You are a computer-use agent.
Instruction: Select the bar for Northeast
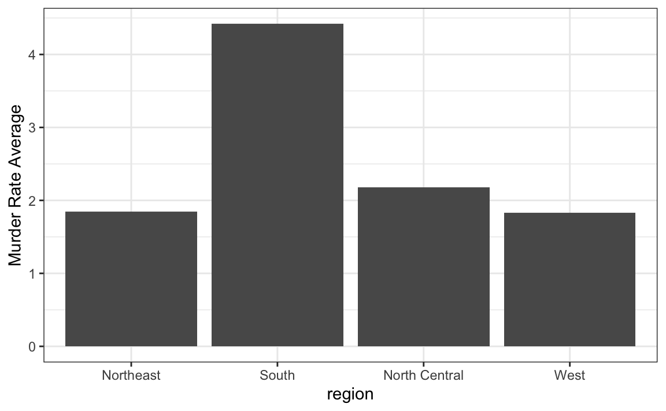pos(131,279)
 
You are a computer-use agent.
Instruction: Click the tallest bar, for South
pos(277,185)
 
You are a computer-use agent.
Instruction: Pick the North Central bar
pos(423,267)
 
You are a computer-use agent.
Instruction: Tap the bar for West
pos(569,279)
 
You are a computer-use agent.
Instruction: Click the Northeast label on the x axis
pos(131,375)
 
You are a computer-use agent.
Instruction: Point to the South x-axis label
pos(277,375)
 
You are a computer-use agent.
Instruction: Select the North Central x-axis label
pos(423,375)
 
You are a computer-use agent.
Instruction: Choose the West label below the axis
pos(569,375)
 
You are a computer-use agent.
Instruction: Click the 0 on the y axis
pos(32,347)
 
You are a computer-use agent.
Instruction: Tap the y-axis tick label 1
pos(32,274)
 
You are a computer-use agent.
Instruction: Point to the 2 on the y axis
pos(32,201)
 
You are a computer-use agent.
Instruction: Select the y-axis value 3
pos(32,128)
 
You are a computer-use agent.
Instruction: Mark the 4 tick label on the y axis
pos(32,55)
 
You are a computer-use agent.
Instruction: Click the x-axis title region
pos(350,394)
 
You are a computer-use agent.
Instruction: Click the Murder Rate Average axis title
pos(15,185)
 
